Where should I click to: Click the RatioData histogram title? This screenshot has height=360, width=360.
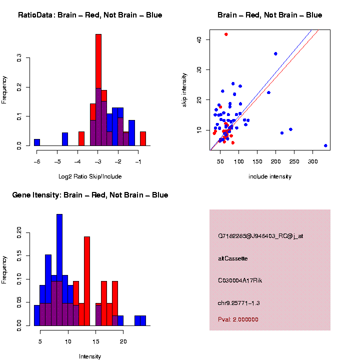[90, 15]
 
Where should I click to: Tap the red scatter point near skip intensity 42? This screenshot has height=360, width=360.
[226, 34]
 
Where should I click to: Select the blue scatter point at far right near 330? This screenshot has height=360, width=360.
[325, 145]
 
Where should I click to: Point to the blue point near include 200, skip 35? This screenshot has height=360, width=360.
[275, 53]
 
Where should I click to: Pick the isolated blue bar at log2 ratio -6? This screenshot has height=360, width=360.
[37, 142]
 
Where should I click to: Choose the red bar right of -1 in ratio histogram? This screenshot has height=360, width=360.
[142, 138]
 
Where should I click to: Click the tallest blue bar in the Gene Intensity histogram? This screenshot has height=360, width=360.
[59, 260]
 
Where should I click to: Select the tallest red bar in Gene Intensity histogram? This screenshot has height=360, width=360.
[87, 280]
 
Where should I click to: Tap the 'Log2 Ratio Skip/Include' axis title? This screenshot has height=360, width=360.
[90, 176]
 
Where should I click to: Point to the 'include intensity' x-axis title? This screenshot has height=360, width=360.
[270, 176]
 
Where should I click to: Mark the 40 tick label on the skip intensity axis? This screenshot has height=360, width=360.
[200, 39]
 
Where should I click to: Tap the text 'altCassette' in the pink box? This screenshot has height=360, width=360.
[233, 258]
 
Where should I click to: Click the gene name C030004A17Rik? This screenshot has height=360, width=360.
[240, 280]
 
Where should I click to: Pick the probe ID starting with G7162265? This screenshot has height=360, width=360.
[260, 236]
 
